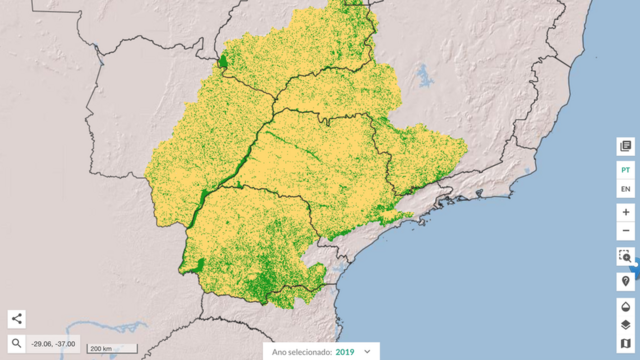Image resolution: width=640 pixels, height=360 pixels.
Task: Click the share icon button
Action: point(16,319)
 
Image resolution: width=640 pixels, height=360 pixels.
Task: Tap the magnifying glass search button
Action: point(16,343)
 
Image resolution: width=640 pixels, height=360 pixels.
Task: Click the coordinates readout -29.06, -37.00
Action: point(51,344)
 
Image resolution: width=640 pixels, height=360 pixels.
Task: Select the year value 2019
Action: point(345,352)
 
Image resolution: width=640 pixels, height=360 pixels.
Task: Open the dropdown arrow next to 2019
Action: point(368,352)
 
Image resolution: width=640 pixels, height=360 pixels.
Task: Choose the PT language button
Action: point(625,171)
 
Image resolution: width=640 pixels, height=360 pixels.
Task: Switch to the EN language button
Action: point(625,189)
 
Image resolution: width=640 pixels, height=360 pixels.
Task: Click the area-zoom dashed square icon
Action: point(625,257)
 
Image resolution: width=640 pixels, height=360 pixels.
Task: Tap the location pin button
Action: point(625,281)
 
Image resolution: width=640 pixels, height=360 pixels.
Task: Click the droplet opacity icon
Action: point(625,306)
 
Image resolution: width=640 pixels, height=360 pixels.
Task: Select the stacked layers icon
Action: point(625,325)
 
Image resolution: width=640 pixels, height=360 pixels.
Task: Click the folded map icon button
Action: point(625,345)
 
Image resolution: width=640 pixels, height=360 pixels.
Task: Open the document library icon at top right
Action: point(625,146)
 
